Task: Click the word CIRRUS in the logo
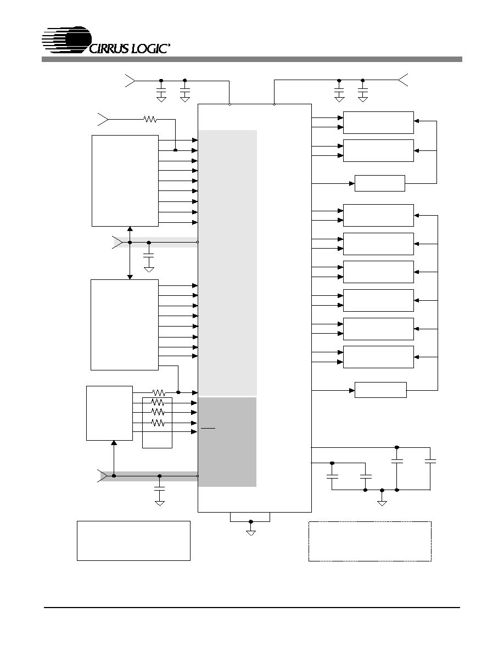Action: (109, 48)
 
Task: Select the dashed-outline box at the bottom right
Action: (369, 541)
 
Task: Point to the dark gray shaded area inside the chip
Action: (227, 442)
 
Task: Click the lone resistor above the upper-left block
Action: (150, 119)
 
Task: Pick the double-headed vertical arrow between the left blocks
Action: (130, 253)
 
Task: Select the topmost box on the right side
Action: (378, 123)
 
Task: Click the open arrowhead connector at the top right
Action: (403, 80)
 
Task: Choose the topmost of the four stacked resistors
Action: (159, 392)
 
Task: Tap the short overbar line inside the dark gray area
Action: (208, 428)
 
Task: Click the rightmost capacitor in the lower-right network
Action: (430, 460)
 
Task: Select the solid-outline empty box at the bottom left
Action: (133, 541)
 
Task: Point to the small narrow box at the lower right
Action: (380, 390)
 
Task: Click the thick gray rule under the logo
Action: (252, 59)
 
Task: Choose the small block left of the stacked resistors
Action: (109, 413)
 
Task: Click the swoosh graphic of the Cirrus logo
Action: (66, 40)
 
